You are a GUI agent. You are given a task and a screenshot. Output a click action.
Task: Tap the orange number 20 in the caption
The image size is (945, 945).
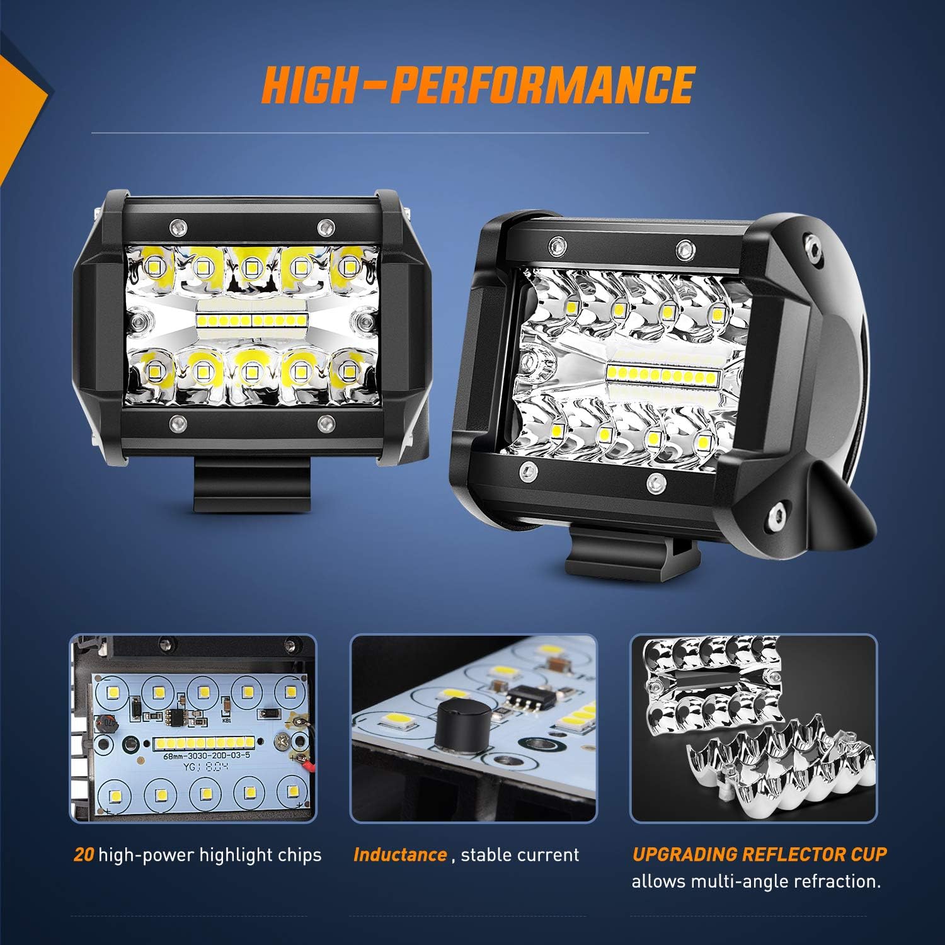pyautogui.click(x=84, y=855)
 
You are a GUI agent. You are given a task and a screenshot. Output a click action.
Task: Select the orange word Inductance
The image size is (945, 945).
pyautogui.click(x=400, y=855)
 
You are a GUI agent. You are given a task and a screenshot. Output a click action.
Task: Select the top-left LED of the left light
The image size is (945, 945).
pyautogui.click(x=154, y=267)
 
